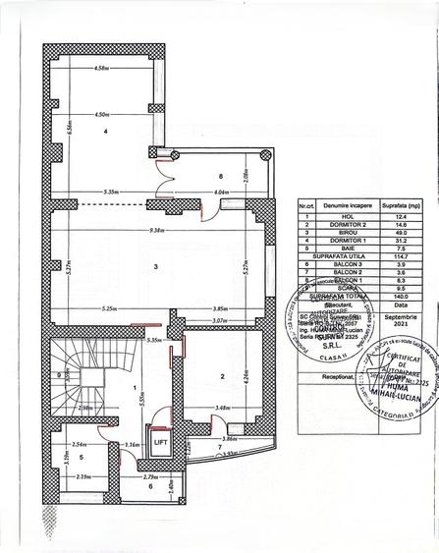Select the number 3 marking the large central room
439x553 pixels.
pyautogui.click(x=154, y=266)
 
